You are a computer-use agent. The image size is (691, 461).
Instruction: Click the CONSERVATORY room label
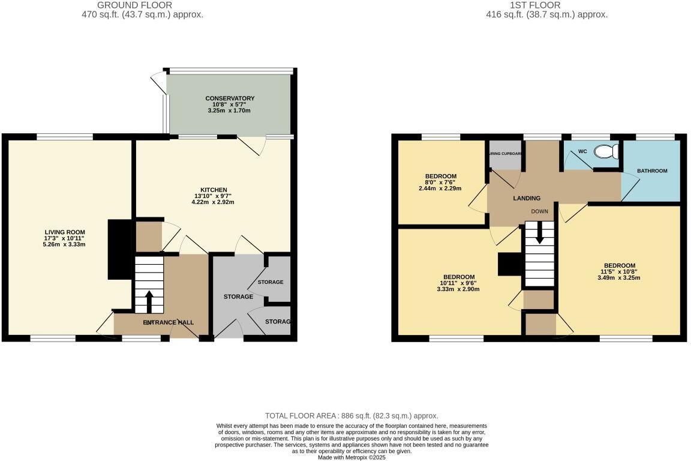click(230, 98)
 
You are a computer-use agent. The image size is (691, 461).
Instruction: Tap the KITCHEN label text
click(214, 190)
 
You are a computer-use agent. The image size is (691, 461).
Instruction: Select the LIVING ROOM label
click(65, 232)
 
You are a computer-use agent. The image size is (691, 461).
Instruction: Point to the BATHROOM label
click(652, 171)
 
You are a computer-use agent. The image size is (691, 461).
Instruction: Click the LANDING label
click(526, 198)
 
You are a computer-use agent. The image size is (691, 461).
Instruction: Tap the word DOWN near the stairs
click(539, 212)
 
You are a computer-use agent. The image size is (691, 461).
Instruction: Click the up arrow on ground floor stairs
click(149, 298)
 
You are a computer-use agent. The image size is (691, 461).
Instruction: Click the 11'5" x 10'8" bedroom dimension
click(620, 271)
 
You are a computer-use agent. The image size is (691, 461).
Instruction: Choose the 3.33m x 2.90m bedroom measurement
click(459, 289)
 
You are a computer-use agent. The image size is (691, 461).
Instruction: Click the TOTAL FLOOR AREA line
click(351, 415)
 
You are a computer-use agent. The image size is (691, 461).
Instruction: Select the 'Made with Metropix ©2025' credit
click(351, 457)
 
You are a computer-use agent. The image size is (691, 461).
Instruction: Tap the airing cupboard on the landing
click(505, 154)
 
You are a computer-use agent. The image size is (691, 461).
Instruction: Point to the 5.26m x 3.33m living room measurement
click(65, 244)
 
